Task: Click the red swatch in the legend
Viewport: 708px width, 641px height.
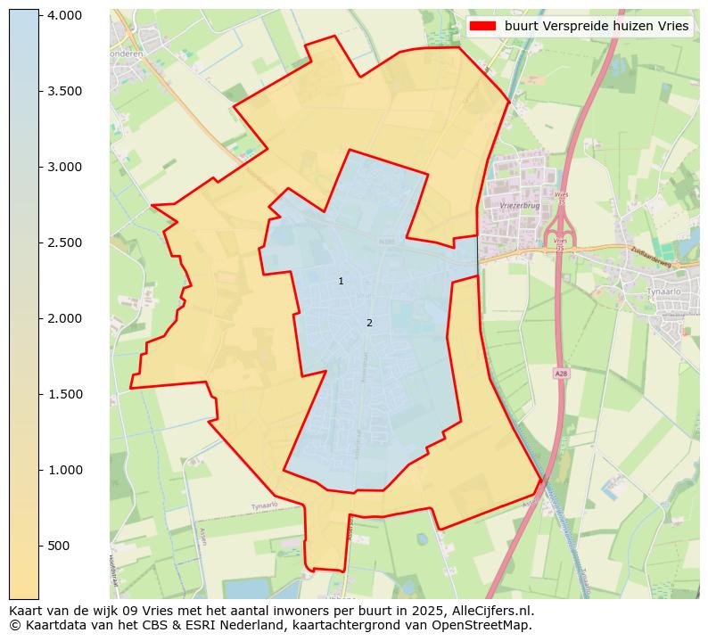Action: coord(482,27)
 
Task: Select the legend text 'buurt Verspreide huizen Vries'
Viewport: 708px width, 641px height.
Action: coord(597,27)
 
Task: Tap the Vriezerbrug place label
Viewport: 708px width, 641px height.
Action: coord(521,205)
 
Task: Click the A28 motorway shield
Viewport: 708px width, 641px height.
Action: coord(560,374)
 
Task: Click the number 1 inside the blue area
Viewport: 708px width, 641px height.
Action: coord(341,282)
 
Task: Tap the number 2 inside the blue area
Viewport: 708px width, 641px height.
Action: coord(369,323)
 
